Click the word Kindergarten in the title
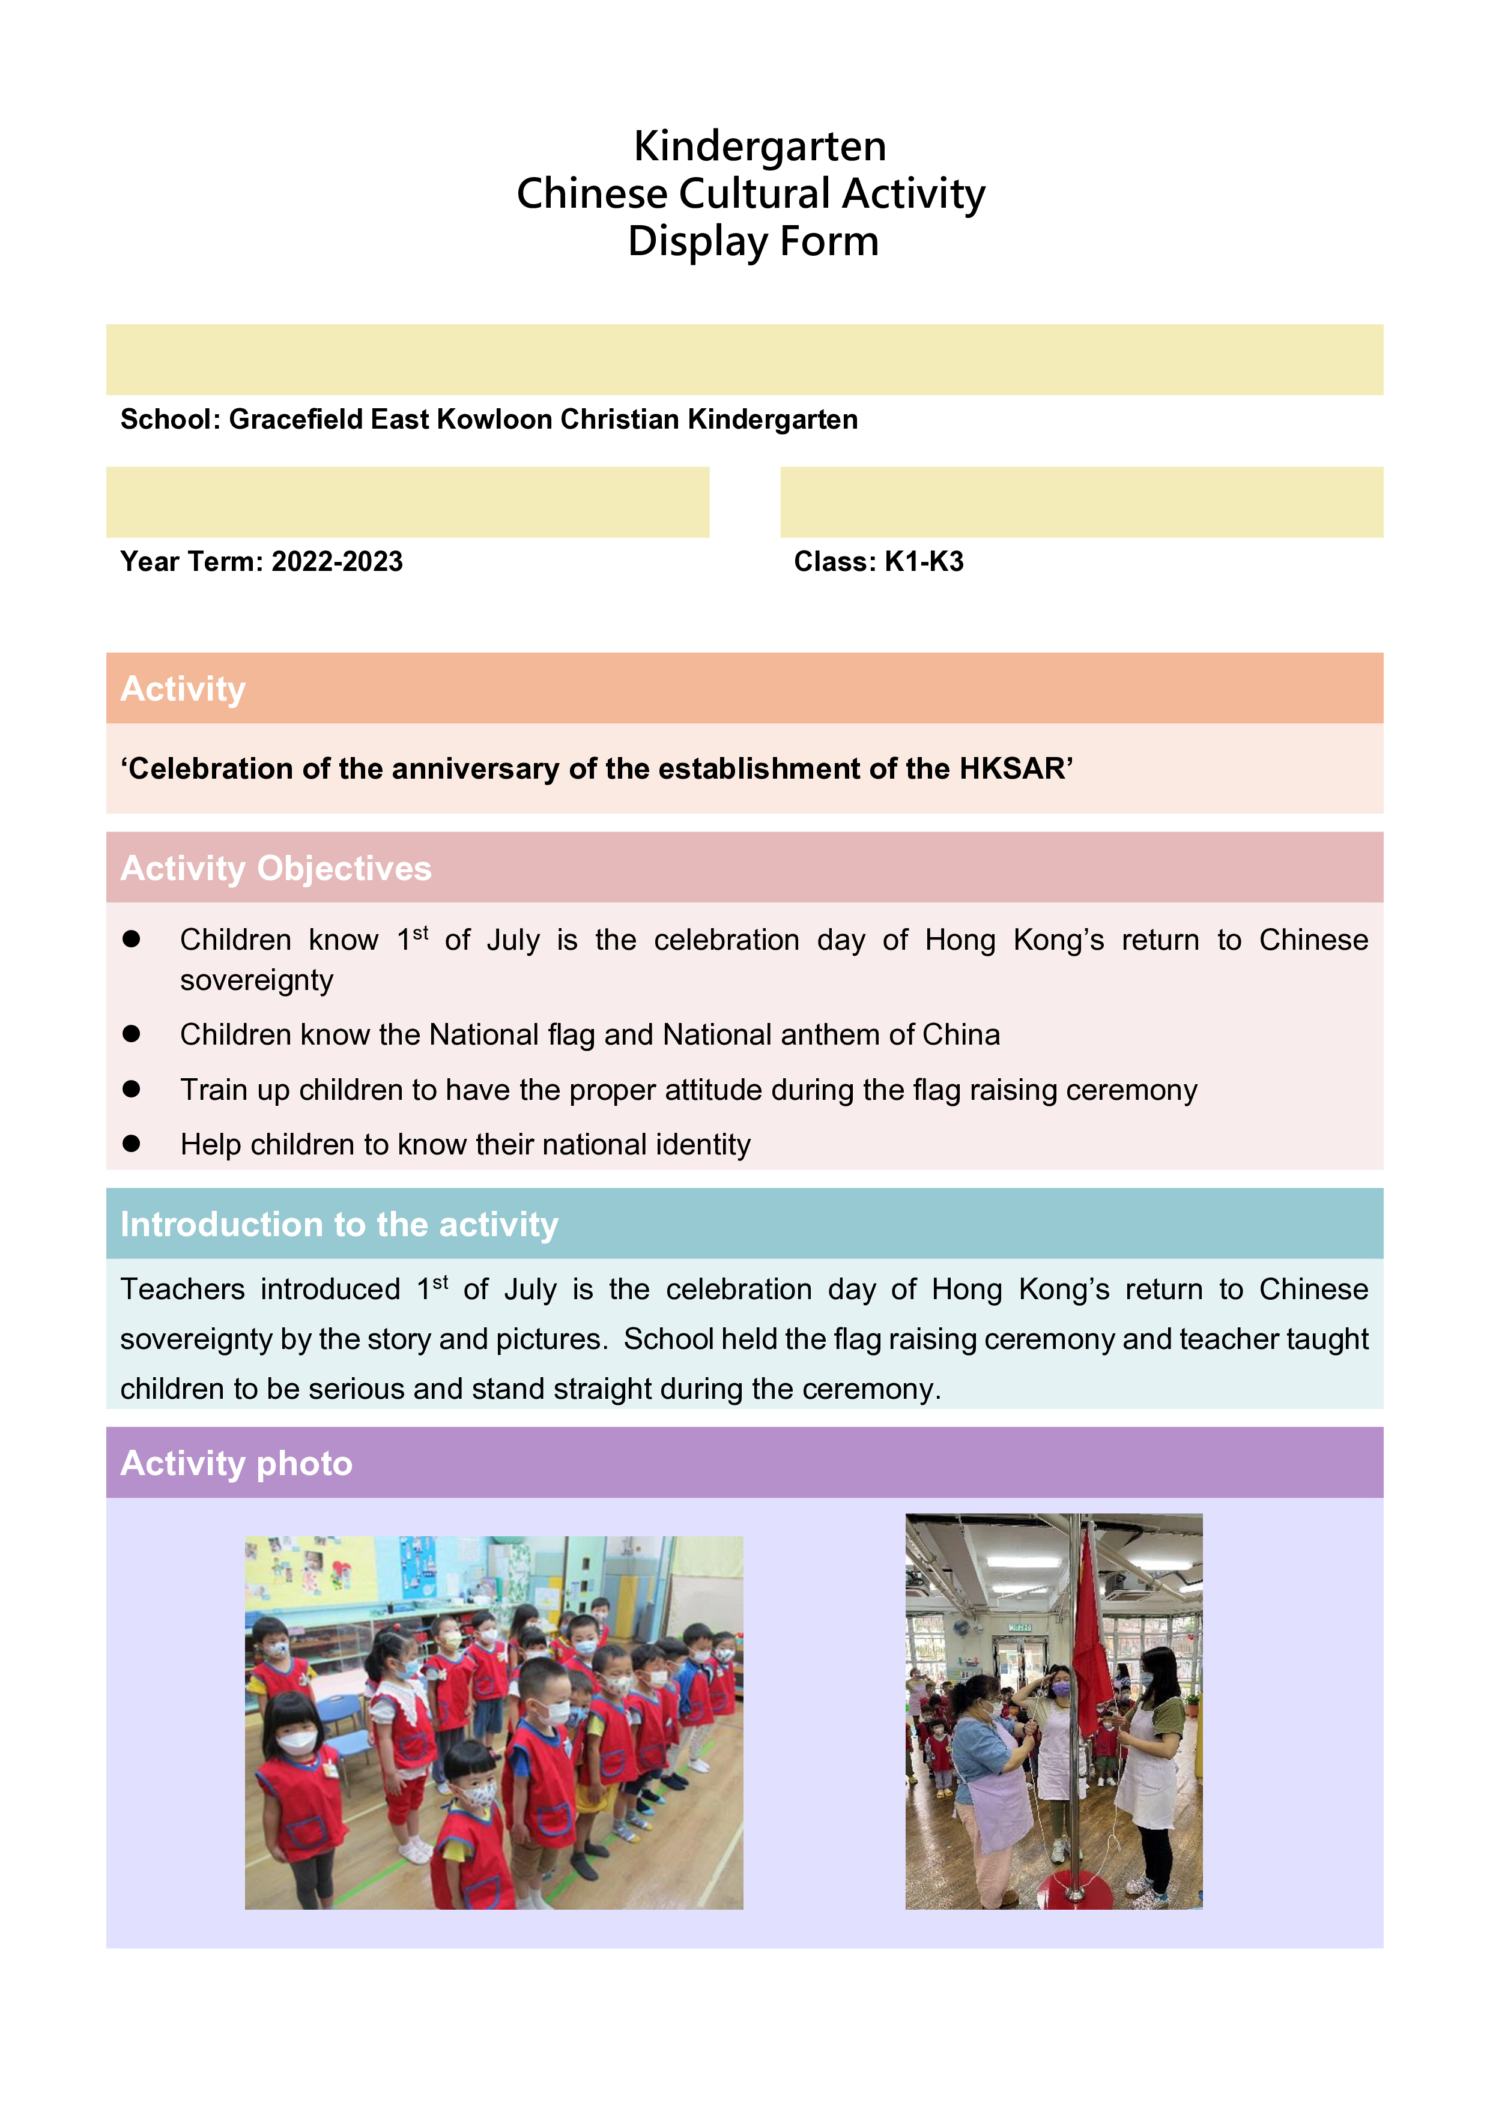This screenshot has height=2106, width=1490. click(x=760, y=146)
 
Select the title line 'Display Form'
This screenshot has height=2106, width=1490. click(x=753, y=242)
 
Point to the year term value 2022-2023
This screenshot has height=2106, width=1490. click(x=337, y=561)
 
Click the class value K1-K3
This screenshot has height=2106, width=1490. click(x=924, y=561)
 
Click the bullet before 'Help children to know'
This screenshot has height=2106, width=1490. click(x=131, y=1144)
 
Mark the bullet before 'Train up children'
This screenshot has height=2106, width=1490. click(x=131, y=1089)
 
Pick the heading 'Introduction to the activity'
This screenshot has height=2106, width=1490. click(x=339, y=1225)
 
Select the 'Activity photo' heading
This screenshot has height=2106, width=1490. click(x=236, y=1463)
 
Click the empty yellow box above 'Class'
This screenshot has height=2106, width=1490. click(x=1081, y=502)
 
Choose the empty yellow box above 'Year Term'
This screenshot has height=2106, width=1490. click(x=407, y=502)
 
